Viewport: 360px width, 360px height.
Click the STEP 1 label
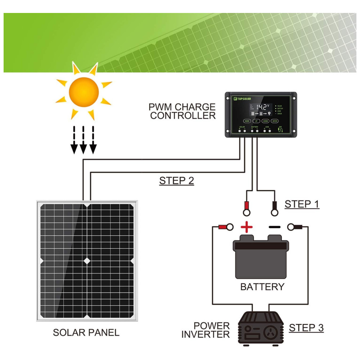302,204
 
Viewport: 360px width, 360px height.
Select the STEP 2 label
176,181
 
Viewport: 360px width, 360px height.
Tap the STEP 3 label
306,328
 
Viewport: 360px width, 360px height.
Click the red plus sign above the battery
247,227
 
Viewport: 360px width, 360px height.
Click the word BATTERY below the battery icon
262,287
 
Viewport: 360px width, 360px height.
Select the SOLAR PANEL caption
86,333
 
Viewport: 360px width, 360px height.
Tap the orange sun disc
84,92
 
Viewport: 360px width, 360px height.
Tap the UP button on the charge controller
256,121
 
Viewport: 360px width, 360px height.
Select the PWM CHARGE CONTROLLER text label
183,111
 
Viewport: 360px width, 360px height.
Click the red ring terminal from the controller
247,207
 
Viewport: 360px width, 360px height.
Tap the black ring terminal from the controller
275,208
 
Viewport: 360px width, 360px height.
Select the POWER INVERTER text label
206,330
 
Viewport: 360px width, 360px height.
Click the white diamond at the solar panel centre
86,260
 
